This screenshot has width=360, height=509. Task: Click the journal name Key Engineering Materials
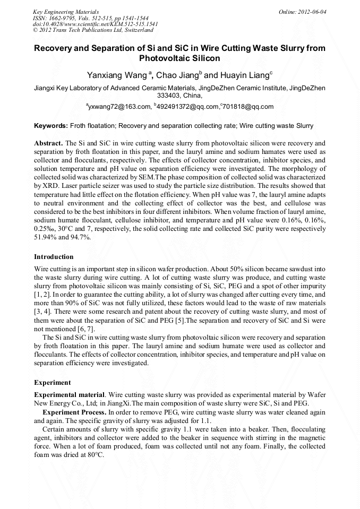[x=66, y=12]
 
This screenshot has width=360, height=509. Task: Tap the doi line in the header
[x=95, y=24]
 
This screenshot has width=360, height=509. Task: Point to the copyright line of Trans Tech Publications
[x=89, y=31]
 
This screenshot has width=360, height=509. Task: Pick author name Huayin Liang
[x=242, y=75]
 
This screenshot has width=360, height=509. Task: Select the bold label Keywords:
[x=51, y=126]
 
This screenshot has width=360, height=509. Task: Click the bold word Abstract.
[x=48, y=143]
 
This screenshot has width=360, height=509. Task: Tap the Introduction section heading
[x=54, y=257]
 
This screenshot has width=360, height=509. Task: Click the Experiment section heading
[x=52, y=382]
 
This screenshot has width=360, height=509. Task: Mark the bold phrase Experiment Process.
[x=74, y=412]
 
